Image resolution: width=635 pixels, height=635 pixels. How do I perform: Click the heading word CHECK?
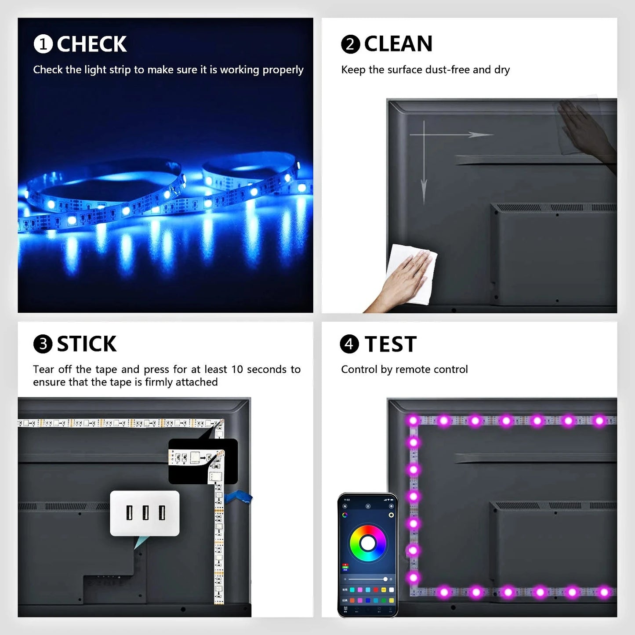click(91, 44)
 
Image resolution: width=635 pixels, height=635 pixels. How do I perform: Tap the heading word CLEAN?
click(398, 44)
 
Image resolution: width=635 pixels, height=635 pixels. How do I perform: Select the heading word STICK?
click(87, 344)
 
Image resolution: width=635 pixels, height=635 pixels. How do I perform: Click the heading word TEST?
click(390, 344)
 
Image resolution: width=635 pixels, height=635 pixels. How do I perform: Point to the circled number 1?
click(43, 44)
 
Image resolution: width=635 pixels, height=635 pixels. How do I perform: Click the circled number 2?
click(350, 44)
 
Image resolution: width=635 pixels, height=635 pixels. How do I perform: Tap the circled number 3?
click(43, 344)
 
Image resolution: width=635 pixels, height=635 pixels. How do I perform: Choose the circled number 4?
click(349, 344)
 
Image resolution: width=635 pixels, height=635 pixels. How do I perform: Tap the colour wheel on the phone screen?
click(368, 544)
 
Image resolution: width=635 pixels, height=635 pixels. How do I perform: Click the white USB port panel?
click(145, 513)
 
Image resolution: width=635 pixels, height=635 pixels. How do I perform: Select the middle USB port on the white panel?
click(145, 513)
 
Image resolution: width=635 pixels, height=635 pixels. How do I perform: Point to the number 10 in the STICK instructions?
click(237, 370)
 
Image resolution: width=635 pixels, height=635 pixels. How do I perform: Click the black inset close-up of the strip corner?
click(203, 461)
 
